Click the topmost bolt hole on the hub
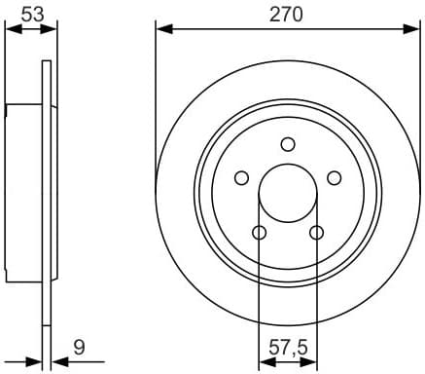coord(288,144)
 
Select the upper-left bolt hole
coord(241,178)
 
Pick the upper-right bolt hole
coord(335,177)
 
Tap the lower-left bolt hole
coord(259,232)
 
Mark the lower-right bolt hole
coord(316,232)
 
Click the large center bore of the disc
coord(288,191)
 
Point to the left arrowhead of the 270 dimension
coord(161,28)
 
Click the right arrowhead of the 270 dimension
coord(412,28)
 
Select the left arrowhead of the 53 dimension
coord(11,28)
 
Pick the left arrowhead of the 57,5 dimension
coord(264,362)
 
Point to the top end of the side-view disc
coord(47,64)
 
